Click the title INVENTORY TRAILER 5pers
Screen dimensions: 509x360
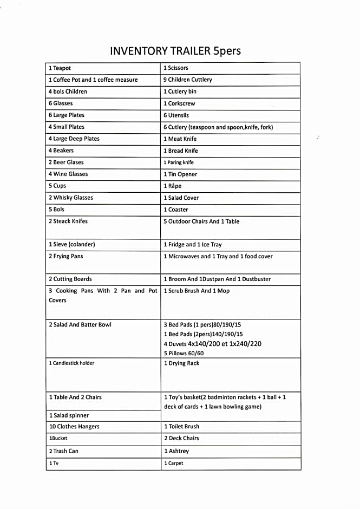click(x=175, y=51)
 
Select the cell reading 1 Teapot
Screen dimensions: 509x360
click(x=60, y=68)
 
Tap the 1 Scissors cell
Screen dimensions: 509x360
click(x=176, y=68)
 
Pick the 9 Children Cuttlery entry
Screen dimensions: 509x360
click(x=188, y=80)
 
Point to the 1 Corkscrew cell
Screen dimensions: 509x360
click(x=179, y=103)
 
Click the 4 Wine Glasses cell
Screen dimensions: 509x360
click(x=68, y=174)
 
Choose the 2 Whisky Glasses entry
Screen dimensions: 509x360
click(x=71, y=198)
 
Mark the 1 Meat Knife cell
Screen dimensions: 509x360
click(x=180, y=139)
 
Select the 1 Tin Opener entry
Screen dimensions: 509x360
click(x=180, y=174)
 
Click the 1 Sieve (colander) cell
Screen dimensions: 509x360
click(x=71, y=245)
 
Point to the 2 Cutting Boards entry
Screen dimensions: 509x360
click(x=70, y=279)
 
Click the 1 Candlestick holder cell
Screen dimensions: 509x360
click(x=71, y=363)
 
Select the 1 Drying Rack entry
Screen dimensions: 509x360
click(x=181, y=363)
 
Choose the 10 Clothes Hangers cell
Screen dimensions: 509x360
click(x=74, y=427)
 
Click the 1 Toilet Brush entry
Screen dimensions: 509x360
click(x=181, y=427)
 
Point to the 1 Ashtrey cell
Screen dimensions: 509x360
click(x=176, y=451)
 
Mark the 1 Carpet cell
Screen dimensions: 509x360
click(x=174, y=464)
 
